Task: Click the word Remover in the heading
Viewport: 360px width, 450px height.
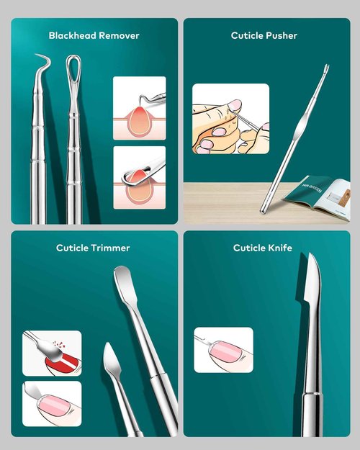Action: pos(120,35)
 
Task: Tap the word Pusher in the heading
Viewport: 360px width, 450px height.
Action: pos(281,35)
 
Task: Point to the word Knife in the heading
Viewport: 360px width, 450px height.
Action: pos(280,248)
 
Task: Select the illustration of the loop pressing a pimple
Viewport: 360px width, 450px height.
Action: pos(139,177)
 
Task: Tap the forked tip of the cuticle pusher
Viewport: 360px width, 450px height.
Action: pos(325,70)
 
